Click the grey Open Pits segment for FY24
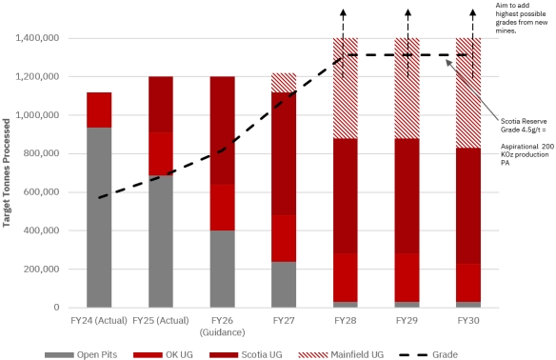click(x=99, y=217)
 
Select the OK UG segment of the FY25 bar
click(x=161, y=154)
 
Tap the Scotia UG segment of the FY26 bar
click(x=223, y=130)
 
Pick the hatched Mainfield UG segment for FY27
click(x=284, y=83)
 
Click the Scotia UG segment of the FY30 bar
click(x=468, y=206)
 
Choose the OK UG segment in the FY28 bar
click(x=346, y=278)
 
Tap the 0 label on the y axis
click(x=57, y=308)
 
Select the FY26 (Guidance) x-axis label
click(x=223, y=327)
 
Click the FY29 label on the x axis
click(x=407, y=321)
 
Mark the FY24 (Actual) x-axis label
click(x=99, y=321)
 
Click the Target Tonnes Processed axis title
click(x=6, y=172)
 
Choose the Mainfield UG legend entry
click(x=341, y=354)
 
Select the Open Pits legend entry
click(x=81, y=354)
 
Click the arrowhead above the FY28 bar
click(x=343, y=12)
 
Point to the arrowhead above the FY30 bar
click(x=472, y=12)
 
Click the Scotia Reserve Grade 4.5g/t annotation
click(x=524, y=126)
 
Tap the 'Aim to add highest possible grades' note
click(x=522, y=18)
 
